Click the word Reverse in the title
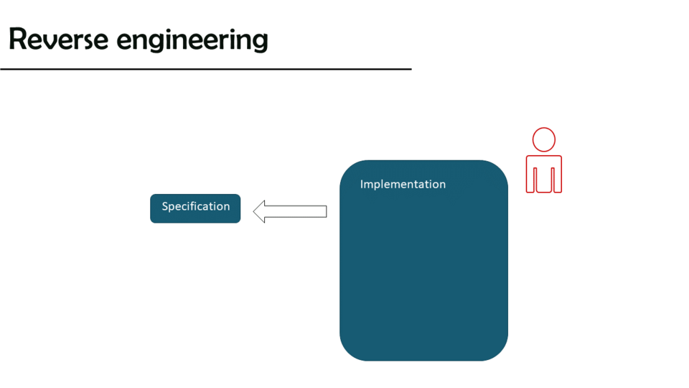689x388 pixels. pyautogui.click(x=58, y=39)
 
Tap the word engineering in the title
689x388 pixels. pyautogui.click(x=192, y=40)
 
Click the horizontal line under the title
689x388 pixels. pyautogui.click(x=206, y=69)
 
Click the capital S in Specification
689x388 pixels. pyautogui.click(x=165, y=206)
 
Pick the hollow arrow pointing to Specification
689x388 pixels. pyautogui.click(x=290, y=211)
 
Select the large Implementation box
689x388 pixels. pyautogui.click(x=423, y=273)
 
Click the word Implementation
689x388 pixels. pyautogui.click(x=403, y=185)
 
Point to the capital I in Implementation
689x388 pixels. pyautogui.click(x=362, y=184)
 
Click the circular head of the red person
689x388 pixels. pyautogui.click(x=544, y=140)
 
